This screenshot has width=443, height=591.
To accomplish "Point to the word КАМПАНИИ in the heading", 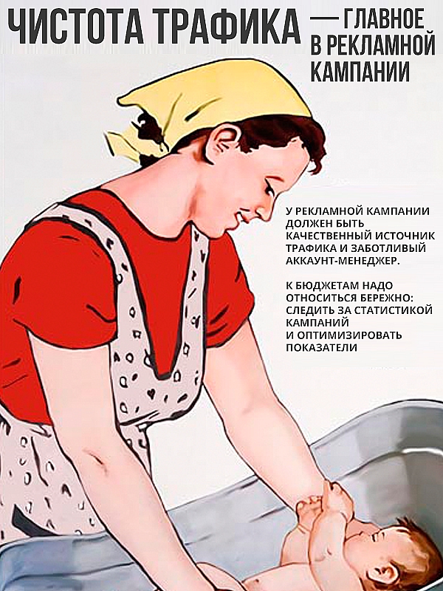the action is coord(360,71).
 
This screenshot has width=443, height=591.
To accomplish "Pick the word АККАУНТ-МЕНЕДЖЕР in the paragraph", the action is coord(342,261).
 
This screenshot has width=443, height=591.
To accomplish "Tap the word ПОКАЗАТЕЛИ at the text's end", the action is coord(321,347).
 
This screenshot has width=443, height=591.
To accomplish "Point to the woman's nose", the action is coord(268,212).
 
